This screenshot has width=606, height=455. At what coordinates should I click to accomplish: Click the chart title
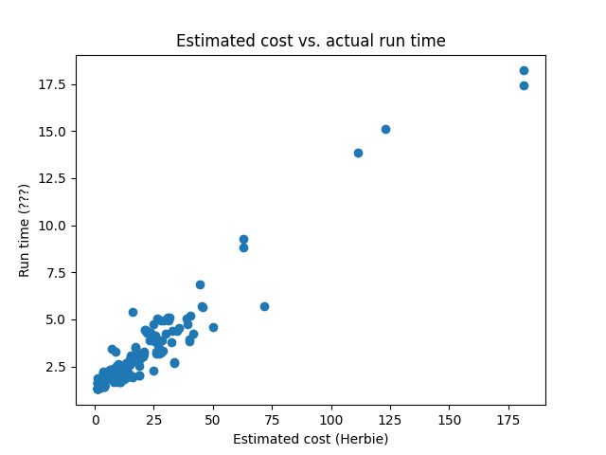(311, 41)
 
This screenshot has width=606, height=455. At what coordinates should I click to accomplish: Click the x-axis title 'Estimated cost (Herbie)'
(311, 439)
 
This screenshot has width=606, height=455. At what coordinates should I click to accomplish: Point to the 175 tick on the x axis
(509, 419)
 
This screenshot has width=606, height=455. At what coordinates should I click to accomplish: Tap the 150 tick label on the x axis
(450, 419)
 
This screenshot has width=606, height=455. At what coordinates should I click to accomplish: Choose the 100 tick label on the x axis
(332, 419)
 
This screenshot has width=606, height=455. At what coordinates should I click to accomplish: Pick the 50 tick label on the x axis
(213, 419)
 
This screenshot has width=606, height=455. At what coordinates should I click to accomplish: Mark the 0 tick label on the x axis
(96, 419)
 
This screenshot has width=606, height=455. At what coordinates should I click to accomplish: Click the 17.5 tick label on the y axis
(53, 84)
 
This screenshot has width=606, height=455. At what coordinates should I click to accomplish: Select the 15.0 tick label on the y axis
(53, 131)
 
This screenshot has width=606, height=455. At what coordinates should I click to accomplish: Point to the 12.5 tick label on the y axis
(53, 178)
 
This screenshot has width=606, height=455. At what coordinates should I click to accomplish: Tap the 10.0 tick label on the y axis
(53, 226)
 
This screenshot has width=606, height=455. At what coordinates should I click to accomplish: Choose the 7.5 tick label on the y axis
(57, 272)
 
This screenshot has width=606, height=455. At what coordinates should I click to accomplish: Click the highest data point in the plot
(524, 70)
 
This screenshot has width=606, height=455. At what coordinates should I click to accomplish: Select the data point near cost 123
(385, 129)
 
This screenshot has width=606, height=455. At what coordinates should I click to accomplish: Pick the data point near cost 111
(358, 153)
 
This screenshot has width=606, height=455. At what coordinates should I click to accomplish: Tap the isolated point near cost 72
(264, 306)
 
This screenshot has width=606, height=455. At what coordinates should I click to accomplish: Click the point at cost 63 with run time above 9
(243, 240)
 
